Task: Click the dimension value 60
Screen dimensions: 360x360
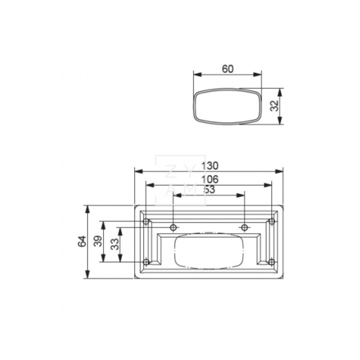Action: pyautogui.click(x=228, y=69)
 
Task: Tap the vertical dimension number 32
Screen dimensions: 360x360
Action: pyautogui.click(x=274, y=106)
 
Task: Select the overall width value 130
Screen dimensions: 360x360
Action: pyautogui.click(x=209, y=166)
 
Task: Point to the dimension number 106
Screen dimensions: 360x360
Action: pyautogui.click(x=209, y=179)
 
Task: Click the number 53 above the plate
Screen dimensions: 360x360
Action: pyautogui.click(x=209, y=189)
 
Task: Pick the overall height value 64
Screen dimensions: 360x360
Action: pyautogui.click(x=82, y=242)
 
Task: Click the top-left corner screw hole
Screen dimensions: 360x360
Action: pyautogui.click(x=146, y=221)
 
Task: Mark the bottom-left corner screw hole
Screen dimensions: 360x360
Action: pyautogui.click(x=146, y=262)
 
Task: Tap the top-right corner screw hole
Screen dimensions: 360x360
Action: pyautogui.click(x=271, y=221)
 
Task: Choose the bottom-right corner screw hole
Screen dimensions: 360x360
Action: pyautogui.click(x=271, y=262)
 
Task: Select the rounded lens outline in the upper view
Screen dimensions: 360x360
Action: pyautogui.click(x=228, y=106)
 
